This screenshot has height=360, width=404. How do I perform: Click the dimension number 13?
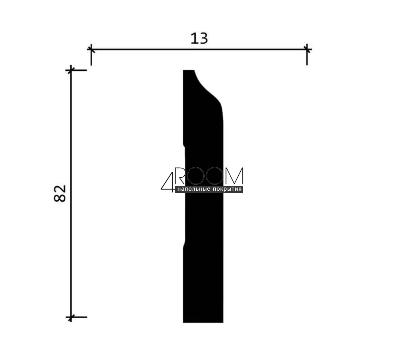pyautogui.click(x=199, y=39)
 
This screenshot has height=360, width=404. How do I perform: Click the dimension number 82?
pyautogui.click(x=60, y=193)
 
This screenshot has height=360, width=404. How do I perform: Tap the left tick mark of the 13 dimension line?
pyautogui.click(x=91, y=49)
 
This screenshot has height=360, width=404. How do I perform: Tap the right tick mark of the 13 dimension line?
pyautogui.click(x=307, y=49)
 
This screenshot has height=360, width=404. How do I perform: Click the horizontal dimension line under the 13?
pyautogui.click(x=199, y=49)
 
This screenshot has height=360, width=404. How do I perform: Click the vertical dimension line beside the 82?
pyautogui.click(x=71, y=194)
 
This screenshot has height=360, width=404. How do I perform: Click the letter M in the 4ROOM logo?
pyautogui.click(x=234, y=176)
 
